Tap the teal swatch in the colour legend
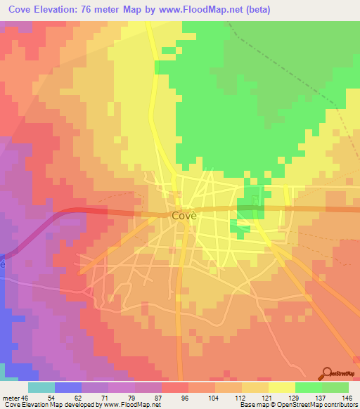pos(41,387)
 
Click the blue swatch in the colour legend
pos(67,387)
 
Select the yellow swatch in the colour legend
pos(281,387)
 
